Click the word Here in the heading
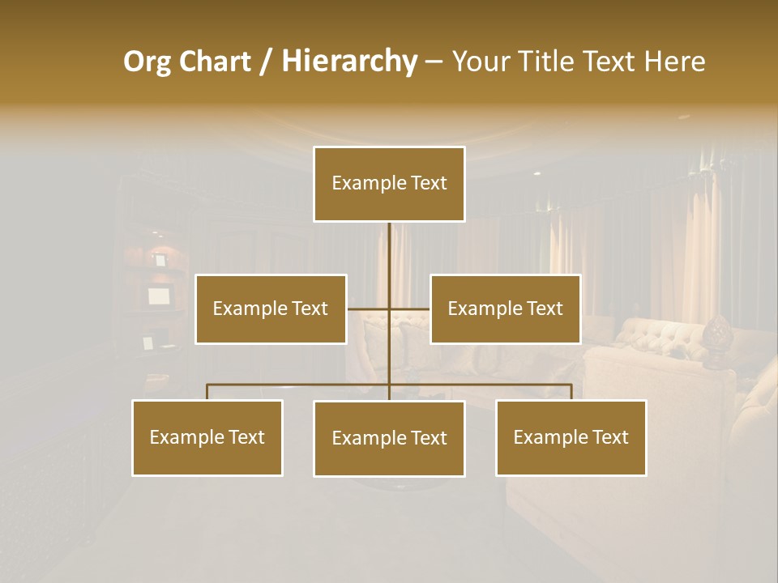coord(673,62)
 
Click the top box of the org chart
coord(389,184)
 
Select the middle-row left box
coord(271,309)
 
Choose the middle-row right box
coord(506,309)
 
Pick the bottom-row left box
coord(207,437)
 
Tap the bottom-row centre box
coord(389,438)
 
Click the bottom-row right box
coord(571,437)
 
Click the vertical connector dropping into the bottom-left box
coord(207,392)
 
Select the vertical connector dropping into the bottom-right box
coord(571,392)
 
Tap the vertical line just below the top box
coord(389,243)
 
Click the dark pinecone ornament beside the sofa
coord(716,334)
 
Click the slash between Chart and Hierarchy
coord(266,62)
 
